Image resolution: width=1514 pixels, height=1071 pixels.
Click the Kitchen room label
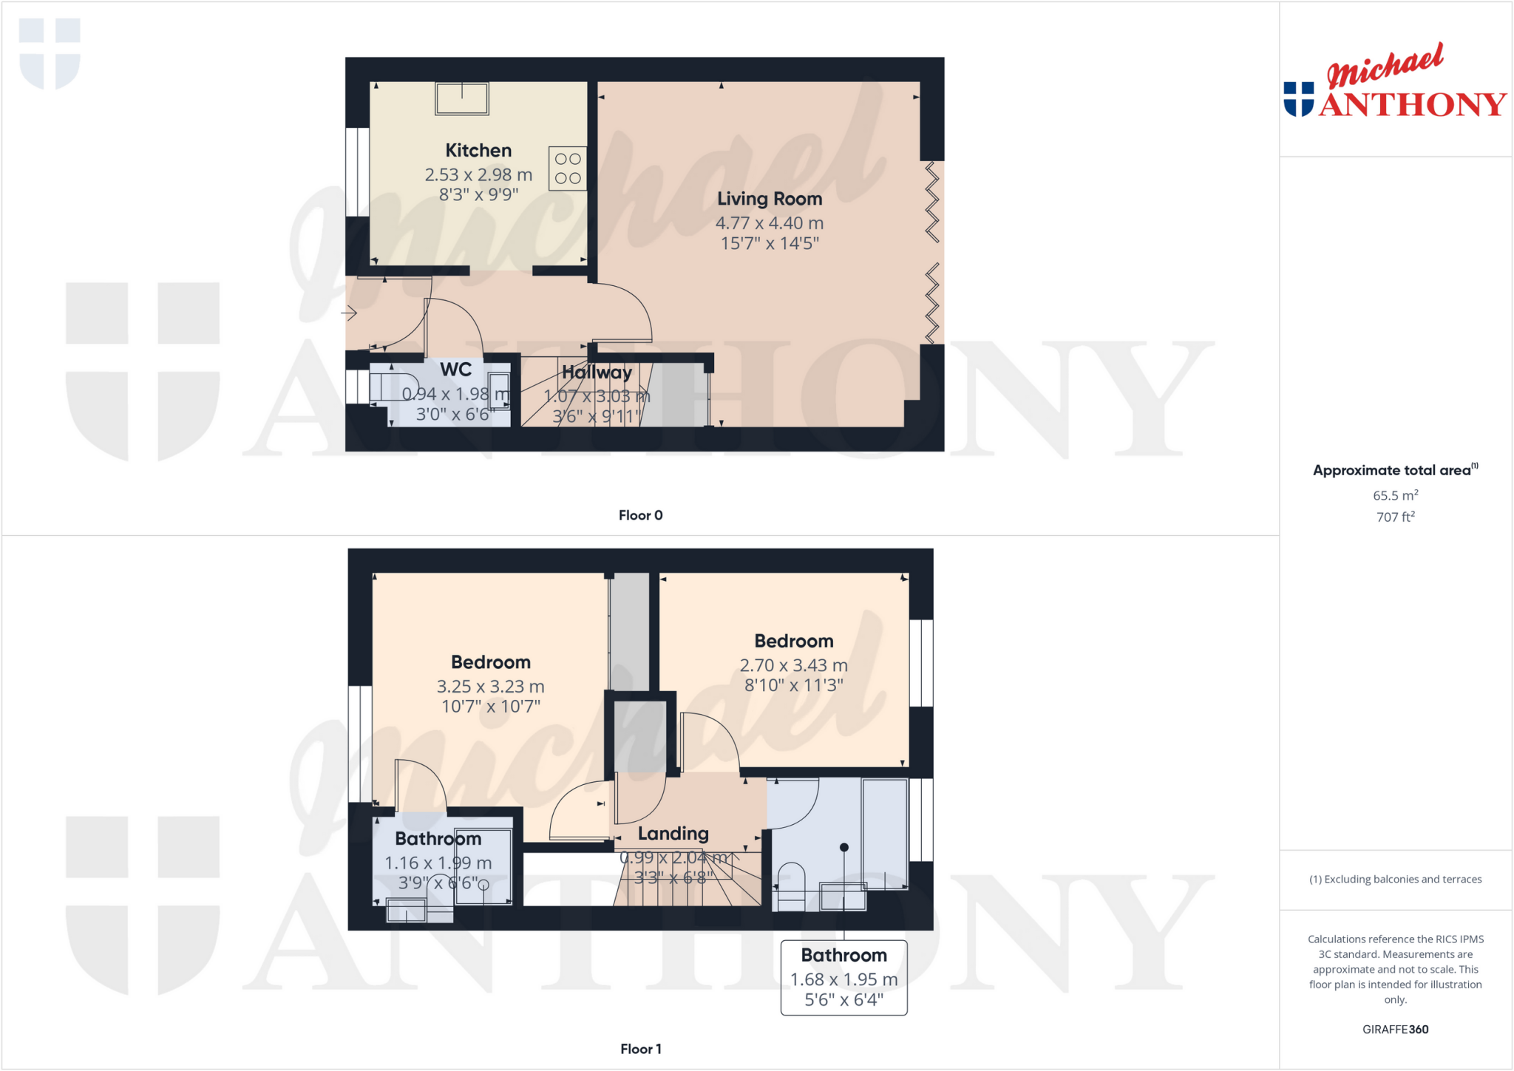[x=478, y=150]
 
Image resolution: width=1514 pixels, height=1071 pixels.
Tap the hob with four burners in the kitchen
[x=568, y=169]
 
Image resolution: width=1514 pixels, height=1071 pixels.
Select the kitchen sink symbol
[x=462, y=98]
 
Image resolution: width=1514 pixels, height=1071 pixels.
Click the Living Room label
[x=770, y=199]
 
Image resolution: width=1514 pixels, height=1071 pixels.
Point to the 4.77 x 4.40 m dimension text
[x=769, y=222]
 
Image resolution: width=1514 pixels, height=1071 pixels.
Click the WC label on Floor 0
[x=455, y=370]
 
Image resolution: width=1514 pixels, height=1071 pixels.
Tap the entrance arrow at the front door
[x=349, y=313]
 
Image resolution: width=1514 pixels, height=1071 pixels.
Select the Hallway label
[x=597, y=373]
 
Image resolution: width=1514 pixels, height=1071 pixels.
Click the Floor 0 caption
[x=640, y=515]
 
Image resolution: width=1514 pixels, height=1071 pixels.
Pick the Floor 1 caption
[x=640, y=1049]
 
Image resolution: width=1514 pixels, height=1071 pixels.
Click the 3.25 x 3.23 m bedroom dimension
[x=490, y=686]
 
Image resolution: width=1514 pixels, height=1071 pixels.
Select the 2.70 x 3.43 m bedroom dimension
[x=793, y=665]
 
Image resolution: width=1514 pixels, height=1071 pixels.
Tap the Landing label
[x=673, y=834]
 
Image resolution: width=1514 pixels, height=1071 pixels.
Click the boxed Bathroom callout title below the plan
[x=843, y=955]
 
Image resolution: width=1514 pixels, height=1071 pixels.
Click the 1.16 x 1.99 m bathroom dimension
[x=438, y=863]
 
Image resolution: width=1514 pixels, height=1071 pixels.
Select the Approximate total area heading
[x=1392, y=470]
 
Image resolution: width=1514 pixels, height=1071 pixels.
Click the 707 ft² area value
[x=1395, y=517]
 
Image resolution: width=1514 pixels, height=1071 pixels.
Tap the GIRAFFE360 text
[x=1395, y=1029]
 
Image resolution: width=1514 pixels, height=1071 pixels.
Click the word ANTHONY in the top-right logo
[x=1412, y=104]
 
